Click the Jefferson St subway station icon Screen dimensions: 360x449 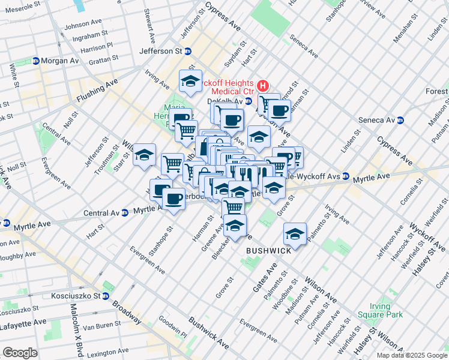187,52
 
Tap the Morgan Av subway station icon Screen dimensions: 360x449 35,61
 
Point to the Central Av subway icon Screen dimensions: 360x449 125,212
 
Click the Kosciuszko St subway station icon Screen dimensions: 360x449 105,296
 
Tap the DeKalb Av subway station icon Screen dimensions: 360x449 248,101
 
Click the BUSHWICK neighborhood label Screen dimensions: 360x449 268,250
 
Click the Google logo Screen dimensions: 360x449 20,352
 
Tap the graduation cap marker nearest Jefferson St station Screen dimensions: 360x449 190,81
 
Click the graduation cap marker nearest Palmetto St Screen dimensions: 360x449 295,234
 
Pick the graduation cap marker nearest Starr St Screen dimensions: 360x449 144,155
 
